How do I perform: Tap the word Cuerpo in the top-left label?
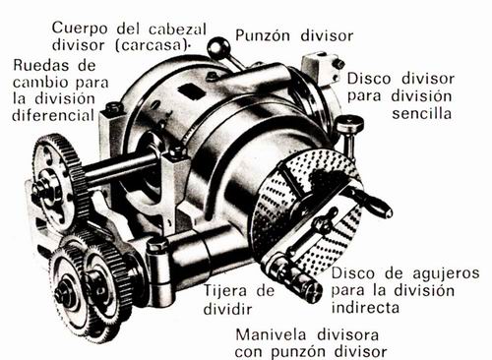[80, 28]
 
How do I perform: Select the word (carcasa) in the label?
[152, 45]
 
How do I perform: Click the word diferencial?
[53, 115]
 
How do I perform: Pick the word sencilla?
[422, 113]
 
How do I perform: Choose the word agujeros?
[446, 274]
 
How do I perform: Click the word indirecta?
[365, 308]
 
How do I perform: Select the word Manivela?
[272, 334]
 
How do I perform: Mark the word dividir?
[227, 309]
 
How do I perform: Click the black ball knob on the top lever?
[217, 47]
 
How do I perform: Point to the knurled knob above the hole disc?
[349, 123]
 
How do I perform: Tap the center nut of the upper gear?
[40, 189]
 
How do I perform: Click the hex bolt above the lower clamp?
[157, 245]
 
